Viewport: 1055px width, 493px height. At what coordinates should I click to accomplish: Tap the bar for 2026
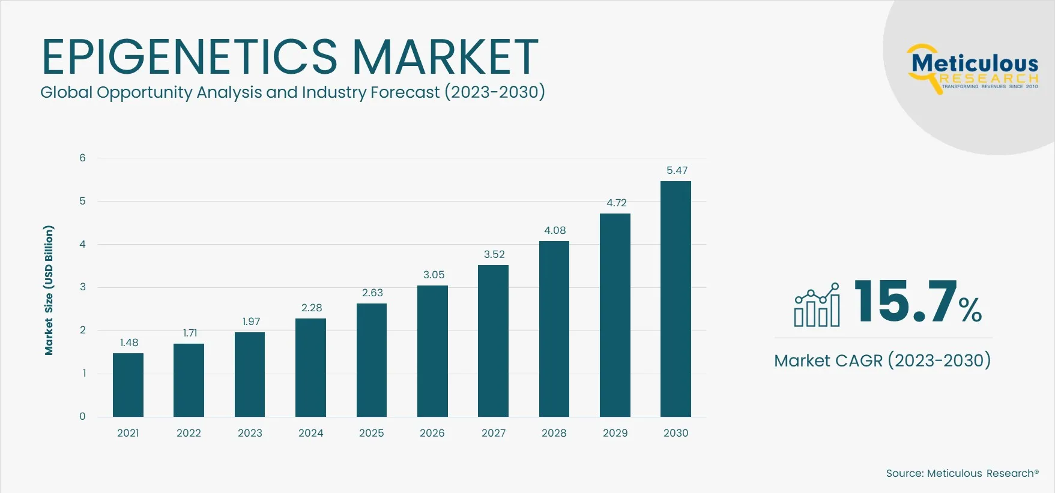[432, 351]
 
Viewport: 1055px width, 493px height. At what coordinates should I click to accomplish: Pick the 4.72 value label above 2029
[616, 203]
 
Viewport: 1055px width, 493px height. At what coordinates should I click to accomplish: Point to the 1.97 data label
[251, 321]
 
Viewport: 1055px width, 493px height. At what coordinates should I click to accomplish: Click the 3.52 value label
[494, 254]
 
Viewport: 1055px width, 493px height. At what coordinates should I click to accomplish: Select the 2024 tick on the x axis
[310, 433]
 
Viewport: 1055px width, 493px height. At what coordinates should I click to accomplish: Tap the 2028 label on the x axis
[554, 433]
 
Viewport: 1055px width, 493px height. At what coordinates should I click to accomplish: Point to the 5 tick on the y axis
[83, 201]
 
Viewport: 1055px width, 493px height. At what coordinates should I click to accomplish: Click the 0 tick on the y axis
[83, 416]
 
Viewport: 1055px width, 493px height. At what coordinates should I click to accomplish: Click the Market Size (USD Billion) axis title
[49, 290]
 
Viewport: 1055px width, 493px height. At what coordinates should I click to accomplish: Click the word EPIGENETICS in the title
[189, 57]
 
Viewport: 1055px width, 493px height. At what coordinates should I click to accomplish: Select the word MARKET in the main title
[445, 57]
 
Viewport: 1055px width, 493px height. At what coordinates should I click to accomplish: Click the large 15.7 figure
[905, 301]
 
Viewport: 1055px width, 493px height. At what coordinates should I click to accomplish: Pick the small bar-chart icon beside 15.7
[817, 305]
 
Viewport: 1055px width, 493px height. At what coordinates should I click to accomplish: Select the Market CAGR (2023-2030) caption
[882, 360]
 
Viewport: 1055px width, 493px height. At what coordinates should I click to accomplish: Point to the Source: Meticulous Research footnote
[962, 473]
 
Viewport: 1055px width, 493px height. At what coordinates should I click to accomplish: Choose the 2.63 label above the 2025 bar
[372, 293]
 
